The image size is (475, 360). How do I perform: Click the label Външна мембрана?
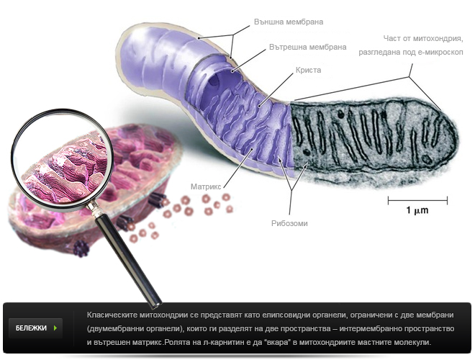tap(285, 21)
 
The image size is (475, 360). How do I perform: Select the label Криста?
tap(308, 71)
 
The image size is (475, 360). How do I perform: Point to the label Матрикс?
tap(204, 185)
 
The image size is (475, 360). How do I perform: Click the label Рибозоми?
tap(290, 223)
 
